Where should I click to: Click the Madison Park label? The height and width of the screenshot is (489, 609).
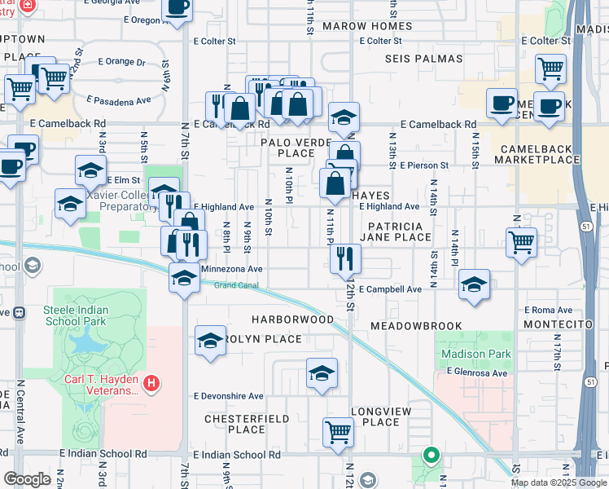tap(476, 354)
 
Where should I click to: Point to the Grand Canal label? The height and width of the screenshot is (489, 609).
tap(234, 285)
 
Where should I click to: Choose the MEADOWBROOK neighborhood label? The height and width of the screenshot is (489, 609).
tap(416, 325)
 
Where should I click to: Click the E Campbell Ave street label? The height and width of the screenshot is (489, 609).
tap(390, 289)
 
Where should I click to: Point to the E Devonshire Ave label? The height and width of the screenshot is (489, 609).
tap(228, 396)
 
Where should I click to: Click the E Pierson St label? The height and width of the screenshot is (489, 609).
tap(424, 165)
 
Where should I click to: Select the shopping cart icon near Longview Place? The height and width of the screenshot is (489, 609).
tap(338, 432)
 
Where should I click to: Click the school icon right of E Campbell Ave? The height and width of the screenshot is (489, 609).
tap(474, 284)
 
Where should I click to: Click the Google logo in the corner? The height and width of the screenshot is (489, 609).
tap(27, 479)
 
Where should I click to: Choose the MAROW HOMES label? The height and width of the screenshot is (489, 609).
tap(367, 26)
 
